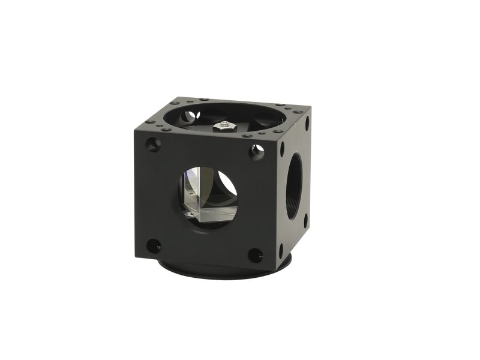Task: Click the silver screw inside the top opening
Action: [x=222, y=127]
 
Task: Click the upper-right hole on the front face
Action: [x=257, y=152]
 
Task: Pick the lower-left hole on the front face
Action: [x=154, y=245]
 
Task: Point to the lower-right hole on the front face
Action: [x=255, y=255]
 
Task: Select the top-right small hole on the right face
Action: [x=307, y=124]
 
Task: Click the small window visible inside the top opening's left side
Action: [x=191, y=115]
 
